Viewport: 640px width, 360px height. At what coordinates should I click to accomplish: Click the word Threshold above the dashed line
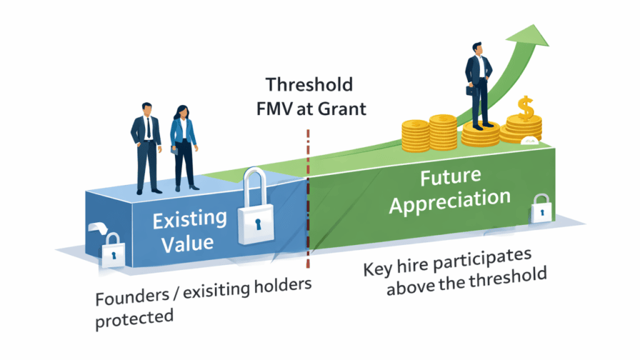tap(309, 85)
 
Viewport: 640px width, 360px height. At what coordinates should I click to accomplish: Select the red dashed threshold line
tap(308, 199)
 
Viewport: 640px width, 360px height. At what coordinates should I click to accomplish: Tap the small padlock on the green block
tap(542, 208)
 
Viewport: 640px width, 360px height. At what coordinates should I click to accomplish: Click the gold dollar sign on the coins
tap(526, 108)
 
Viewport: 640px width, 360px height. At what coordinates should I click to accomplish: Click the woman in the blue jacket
tap(184, 147)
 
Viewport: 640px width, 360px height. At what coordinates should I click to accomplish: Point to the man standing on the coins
tap(478, 86)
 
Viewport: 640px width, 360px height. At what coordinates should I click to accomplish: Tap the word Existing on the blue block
tap(190, 219)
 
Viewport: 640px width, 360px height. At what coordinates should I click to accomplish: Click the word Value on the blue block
tap(187, 244)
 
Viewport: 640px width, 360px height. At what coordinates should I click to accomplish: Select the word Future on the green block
tap(451, 177)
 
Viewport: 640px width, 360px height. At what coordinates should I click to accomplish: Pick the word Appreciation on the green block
tap(450, 201)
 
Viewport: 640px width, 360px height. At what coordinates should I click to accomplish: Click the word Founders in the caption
tap(132, 297)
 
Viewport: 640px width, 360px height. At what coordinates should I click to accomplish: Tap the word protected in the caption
tap(134, 318)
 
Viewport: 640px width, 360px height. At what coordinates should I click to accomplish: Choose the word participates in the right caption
tap(482, 260)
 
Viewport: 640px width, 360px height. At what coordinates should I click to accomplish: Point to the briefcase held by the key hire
tap(471, 90)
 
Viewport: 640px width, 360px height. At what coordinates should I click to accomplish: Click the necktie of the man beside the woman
tap(149, 127)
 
